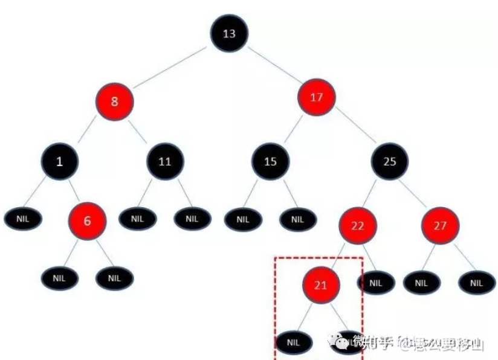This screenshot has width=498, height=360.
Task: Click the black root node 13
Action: pyautogui.click(x=229, y=33)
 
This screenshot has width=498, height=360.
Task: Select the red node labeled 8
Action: pyautogui.click(x=114, y=101)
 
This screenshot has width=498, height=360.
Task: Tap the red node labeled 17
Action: pyautogui.click(x=317, y=97)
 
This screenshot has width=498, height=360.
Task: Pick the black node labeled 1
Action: pyautogui.click(x=59, y=161)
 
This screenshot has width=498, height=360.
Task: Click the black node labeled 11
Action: pyautogui.click(x=165, y=161)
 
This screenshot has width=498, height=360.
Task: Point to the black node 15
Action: pyautogui.click(x=271, y=161)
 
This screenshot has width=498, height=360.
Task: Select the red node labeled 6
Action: pyautogui.click(x=87, y=220)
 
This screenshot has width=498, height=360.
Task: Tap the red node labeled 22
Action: pyautogui.click(x=357, y=225)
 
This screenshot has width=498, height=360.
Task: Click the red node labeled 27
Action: pyautogui.click(x=439, y=225)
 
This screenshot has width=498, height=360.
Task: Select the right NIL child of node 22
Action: pyautogui.click(x=376, y=282)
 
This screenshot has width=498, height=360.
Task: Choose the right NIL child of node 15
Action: pyautogui.click(x=297, y=219)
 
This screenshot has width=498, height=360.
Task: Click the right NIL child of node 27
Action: pyautogui.click(x=476, y=282)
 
